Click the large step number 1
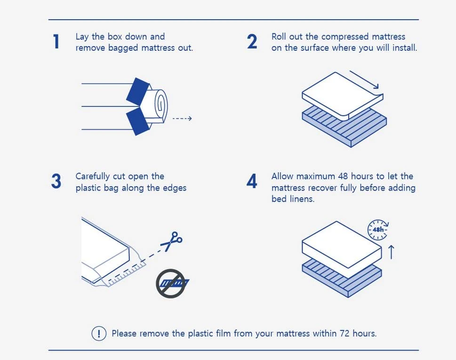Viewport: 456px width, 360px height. tap(56, 41)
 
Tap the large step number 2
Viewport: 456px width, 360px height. tap(252, 41)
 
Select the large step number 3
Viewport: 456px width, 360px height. tap(56, 181)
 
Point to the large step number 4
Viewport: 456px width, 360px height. tap(252, 181)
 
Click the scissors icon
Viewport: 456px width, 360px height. tap(172, 241)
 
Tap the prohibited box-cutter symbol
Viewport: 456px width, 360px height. tap(172, 283)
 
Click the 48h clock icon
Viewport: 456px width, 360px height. tap(378, 230)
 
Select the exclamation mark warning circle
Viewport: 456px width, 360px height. tap(99, 333)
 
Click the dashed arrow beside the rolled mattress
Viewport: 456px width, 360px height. tap(182, 118)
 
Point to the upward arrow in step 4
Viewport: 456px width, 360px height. tap(392, 252)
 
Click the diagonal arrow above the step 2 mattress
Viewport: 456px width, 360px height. tap(364, 80)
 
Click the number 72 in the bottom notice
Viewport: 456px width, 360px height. tap(344, 333)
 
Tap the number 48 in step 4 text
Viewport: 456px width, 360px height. tap(343, 176)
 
